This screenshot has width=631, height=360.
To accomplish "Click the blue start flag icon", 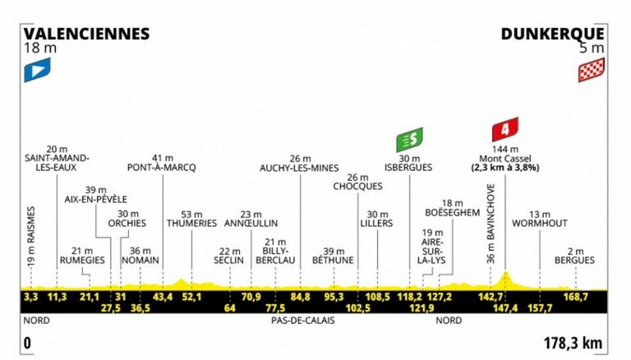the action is tap(38, 70).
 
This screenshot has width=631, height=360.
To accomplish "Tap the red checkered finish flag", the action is tap(592, 70).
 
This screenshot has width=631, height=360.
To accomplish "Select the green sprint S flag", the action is tap(409, 140).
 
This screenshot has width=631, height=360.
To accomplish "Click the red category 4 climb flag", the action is tap(505, 129).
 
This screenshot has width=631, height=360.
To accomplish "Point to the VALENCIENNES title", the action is tap(86, 34).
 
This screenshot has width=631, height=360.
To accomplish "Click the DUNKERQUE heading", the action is tap(552, 35).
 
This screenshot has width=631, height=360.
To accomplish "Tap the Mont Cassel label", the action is tap(505, 159).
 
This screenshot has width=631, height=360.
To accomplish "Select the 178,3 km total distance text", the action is tap(573, 344).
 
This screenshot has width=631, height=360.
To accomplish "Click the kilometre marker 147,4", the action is tap(506, 308).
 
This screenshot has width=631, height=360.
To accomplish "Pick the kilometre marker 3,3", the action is tap(30, 298).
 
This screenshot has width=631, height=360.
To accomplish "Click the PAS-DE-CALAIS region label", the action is tap(303, 321).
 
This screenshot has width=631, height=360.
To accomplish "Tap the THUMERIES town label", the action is tap(191, 223).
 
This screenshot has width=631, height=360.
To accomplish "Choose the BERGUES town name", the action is tap(574, 260).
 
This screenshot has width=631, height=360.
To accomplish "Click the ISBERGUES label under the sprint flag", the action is tap(408, 168).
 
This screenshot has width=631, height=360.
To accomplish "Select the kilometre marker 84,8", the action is tap(301, 298).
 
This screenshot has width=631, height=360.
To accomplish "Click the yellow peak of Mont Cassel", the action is tap(506, 272).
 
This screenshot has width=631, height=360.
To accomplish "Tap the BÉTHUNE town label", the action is tap(334, 260).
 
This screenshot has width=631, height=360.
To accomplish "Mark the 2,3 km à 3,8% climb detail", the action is tap(505, 168).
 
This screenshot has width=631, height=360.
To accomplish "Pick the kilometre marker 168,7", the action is tap(576, 298).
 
